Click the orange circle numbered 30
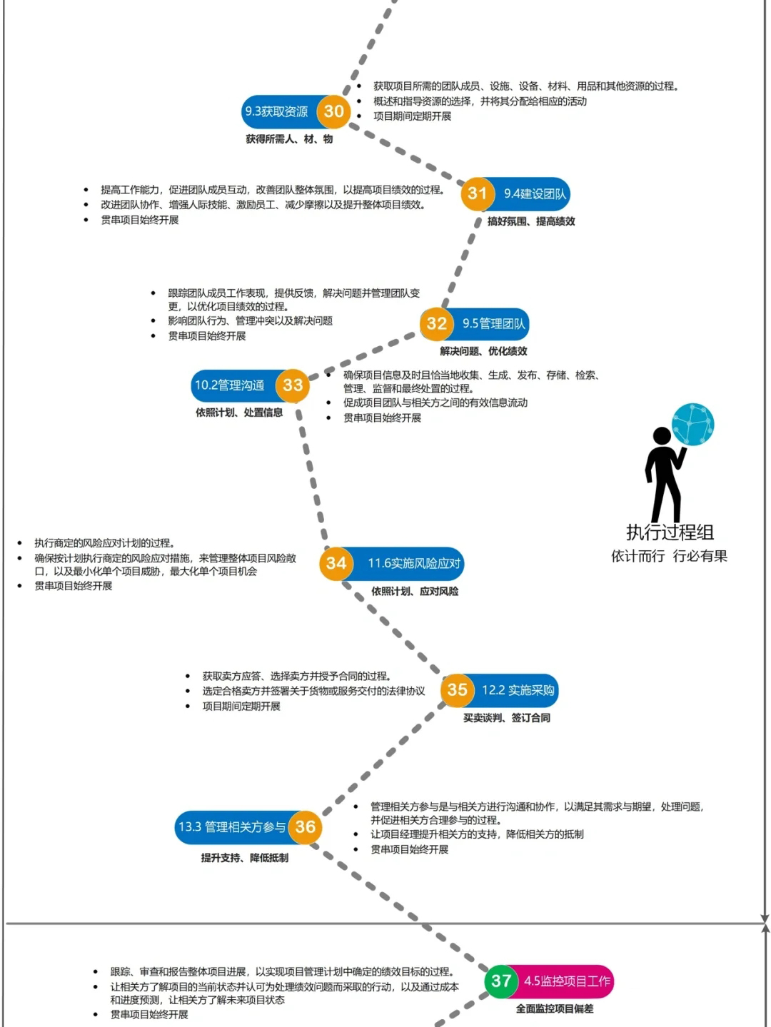point(333,111)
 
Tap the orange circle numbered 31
point(478,193)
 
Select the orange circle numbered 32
point(437,324)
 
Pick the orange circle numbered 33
point(293,385)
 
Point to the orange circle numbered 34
point(336,563)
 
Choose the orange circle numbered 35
point(458,690)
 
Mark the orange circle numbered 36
point(305,827)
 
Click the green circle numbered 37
point(502,981)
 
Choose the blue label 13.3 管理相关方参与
point(233,827)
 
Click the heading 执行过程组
point(670,532)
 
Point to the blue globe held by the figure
point(693,425)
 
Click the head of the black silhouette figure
point(662,435)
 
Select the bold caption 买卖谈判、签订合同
point(507,718)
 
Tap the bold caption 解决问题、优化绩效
point(483,351)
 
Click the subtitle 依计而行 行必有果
point(670,556)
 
